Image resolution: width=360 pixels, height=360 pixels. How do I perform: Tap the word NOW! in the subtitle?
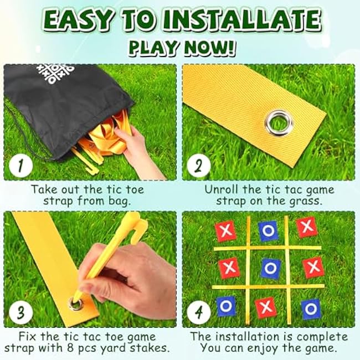point(208,48)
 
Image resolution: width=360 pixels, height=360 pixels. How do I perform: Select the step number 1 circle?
point(20,166)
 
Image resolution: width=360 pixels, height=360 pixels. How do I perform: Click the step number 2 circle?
point(199,166)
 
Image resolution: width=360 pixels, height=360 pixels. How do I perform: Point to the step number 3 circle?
point(20,313)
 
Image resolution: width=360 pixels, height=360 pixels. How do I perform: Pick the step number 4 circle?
point(199,313)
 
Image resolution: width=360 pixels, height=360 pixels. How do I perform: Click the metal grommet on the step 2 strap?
point(279,122)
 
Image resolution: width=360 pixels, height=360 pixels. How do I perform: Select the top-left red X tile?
point(226,230)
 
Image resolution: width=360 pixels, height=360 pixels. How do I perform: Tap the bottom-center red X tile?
point(266,307)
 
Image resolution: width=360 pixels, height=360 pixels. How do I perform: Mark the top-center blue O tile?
point(268,231)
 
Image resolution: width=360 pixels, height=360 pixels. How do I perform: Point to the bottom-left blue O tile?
point(226,306)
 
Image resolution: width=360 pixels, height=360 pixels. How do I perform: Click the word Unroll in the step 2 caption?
point(222,189)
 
